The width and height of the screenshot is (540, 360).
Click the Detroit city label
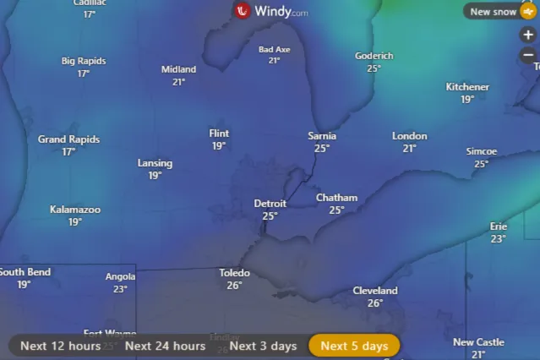pos(270,204)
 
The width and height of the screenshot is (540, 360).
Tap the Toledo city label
pos(234,273)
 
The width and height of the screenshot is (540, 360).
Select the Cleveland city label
pos(374,291)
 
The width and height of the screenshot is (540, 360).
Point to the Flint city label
pos(219,134)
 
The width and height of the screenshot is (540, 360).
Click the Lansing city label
pos(155,163)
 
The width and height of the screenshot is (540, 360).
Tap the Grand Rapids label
pos(68,139)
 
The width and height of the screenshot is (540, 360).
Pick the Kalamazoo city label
pos(75,210)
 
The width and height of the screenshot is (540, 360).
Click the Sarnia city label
pos(322,136)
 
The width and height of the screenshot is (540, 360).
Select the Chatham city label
pos(336,198)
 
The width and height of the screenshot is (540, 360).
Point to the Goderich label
pos(374,56)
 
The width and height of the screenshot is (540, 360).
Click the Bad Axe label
pos(274,50)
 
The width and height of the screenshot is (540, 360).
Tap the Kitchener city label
pos(467,87)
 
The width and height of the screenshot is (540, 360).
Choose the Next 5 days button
pos(354,346)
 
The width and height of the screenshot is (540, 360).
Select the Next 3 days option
pos(263,346)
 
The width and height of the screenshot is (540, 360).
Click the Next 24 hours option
pos(165,346)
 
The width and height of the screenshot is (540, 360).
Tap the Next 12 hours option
pos(60,346)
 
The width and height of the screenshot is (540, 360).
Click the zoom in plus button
pos(528,35)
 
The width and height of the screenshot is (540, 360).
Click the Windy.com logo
pos(270,11)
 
